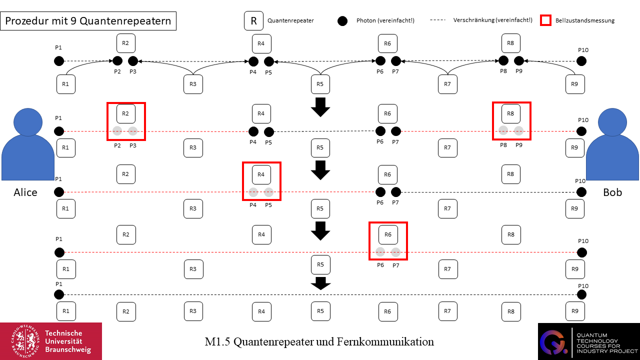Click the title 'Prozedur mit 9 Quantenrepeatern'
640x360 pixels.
pos(88,21)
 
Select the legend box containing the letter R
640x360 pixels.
pos(254,21)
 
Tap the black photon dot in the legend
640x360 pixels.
pos(342,21)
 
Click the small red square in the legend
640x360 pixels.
pos(546,20)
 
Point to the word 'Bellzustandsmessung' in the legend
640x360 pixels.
pos(585,21)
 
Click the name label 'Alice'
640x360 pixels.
pos(25,192)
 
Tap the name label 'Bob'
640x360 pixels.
pos(612,192)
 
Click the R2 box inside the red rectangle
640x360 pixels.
pos(126,113)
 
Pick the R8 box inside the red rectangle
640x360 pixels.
pos(510,113)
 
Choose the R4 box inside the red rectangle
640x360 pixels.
pos(261,174)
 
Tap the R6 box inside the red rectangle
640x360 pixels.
pos(387,234)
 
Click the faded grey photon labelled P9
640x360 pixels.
pos(519,131)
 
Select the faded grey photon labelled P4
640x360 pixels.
pos(253,192)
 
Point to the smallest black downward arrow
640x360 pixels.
pos(320,283)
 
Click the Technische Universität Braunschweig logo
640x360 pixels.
pos(51,341)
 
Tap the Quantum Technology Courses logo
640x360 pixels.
pos(588,341)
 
